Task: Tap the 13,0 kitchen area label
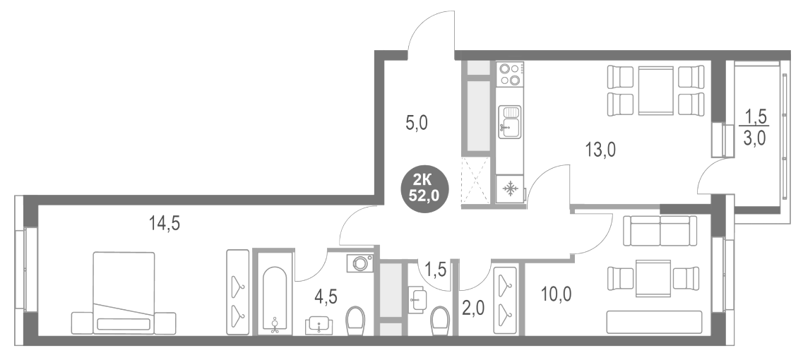tap(600, 149)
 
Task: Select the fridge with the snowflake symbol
tap(510, 188)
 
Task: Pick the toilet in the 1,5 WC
tap(439, 318)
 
